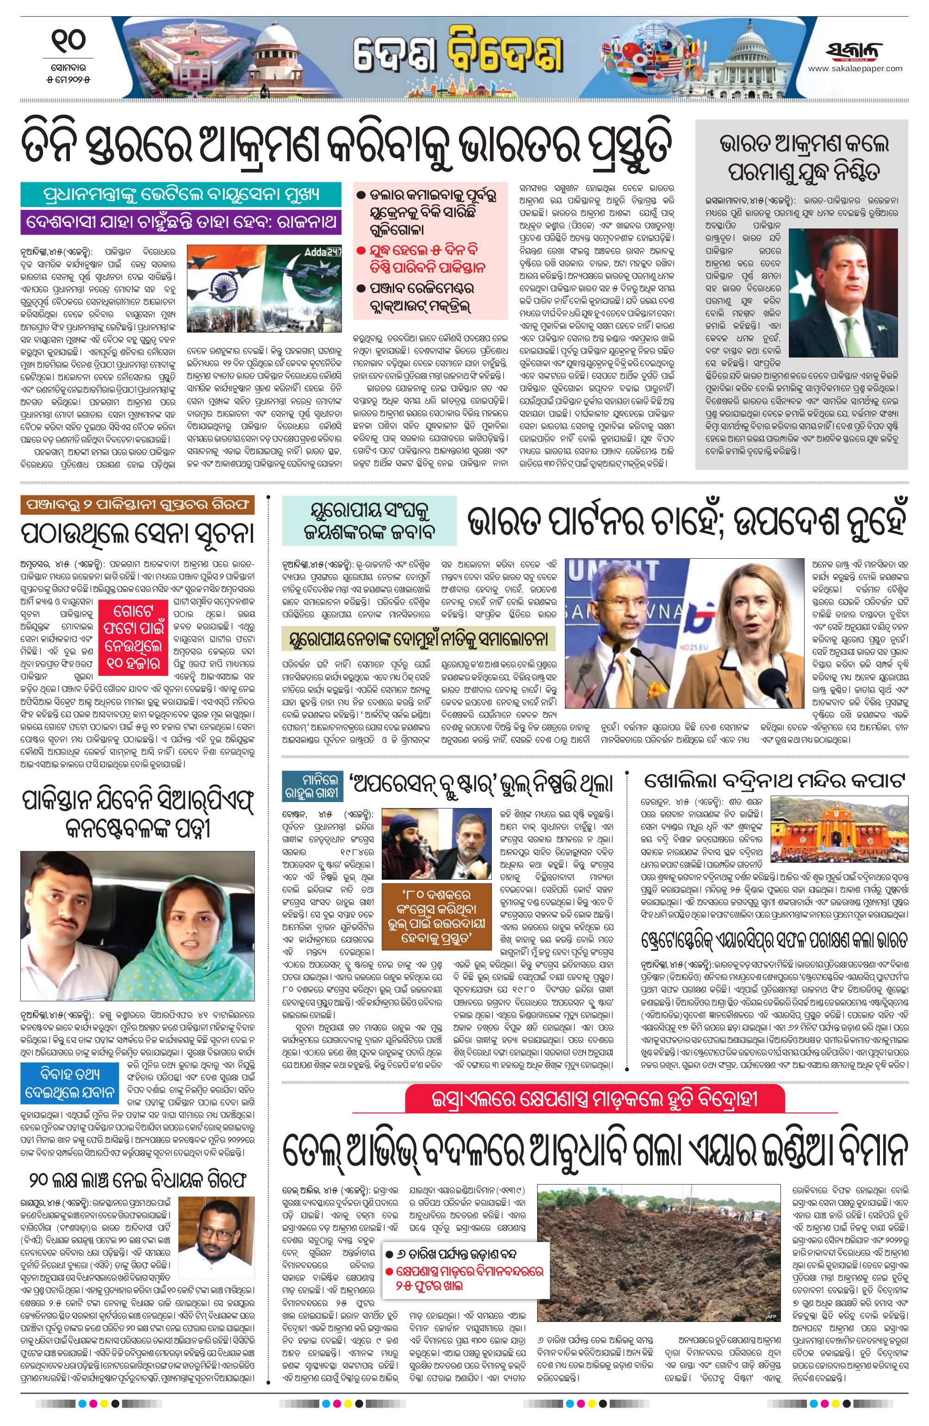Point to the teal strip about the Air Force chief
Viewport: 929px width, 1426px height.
180,195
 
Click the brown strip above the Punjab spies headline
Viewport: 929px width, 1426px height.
137,505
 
